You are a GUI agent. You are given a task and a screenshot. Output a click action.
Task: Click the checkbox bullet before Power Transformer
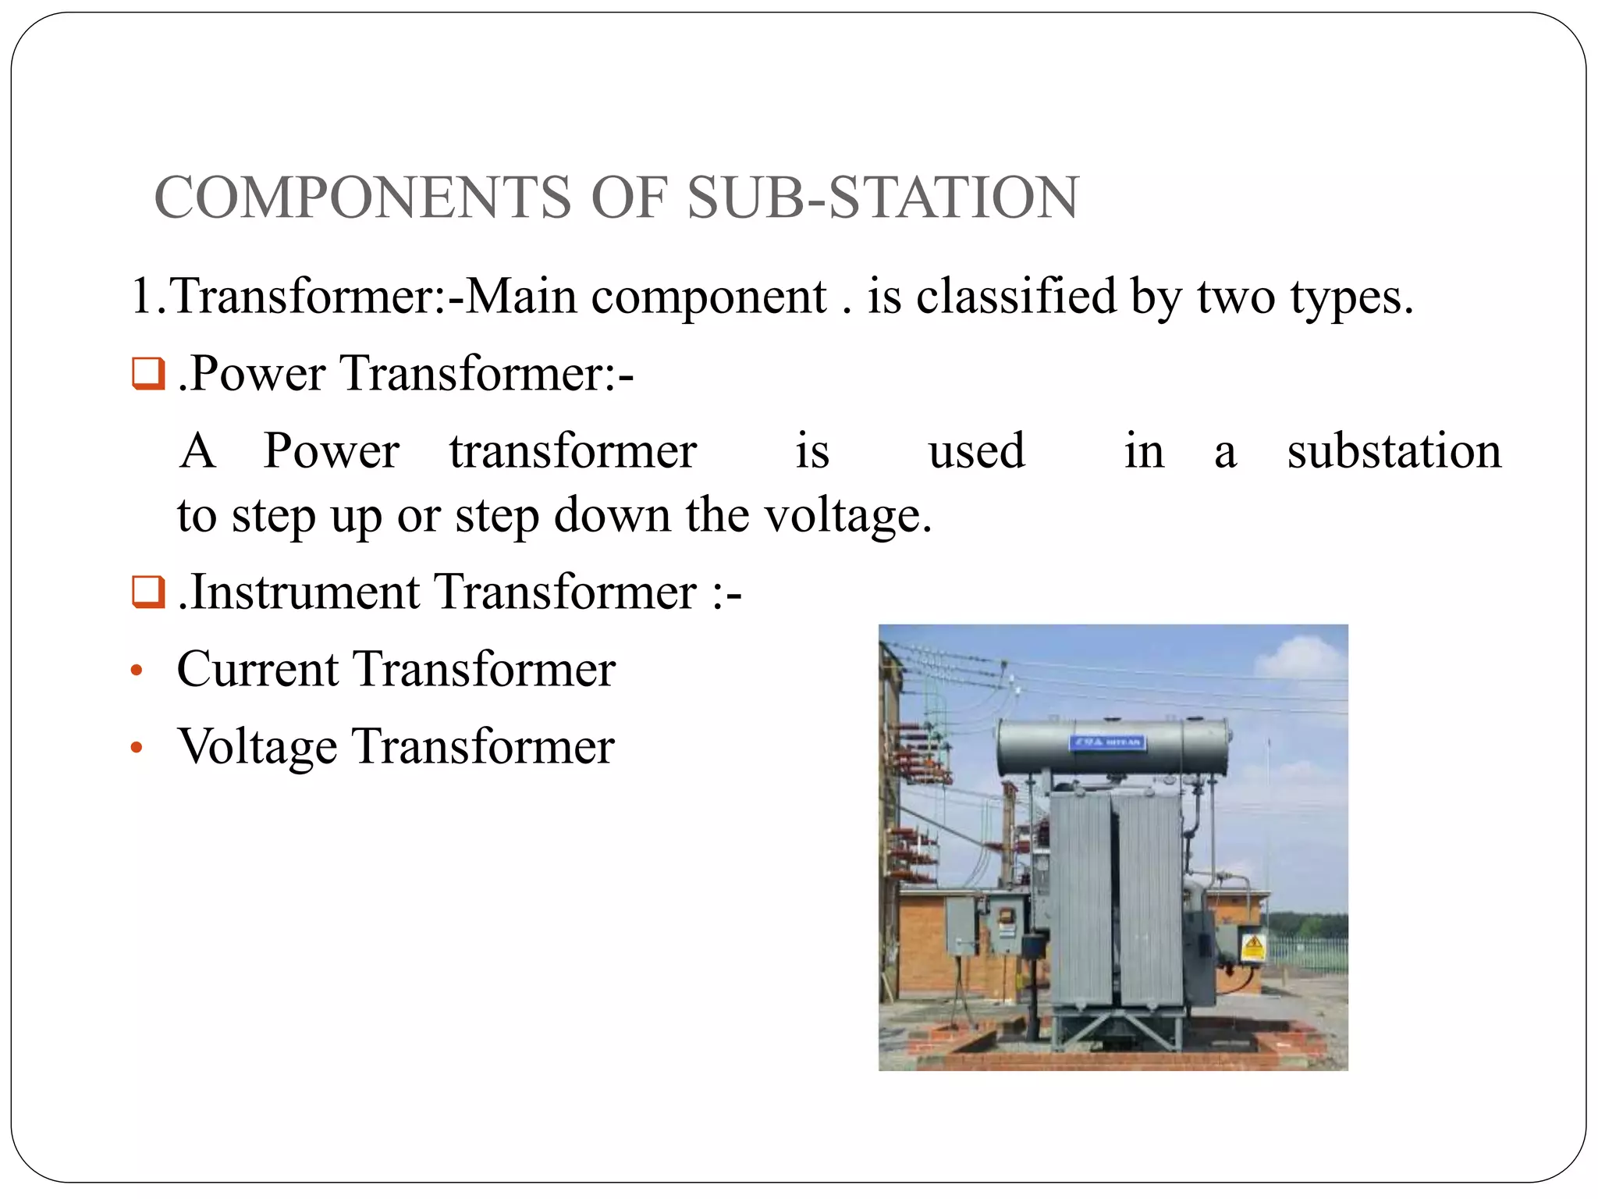(147, 373)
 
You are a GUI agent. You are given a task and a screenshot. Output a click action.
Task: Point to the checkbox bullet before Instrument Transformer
(147, 592)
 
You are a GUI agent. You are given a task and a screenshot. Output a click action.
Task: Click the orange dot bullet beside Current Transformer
(137, 671)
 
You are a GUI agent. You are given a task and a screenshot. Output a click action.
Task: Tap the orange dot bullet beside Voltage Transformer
(137, 748)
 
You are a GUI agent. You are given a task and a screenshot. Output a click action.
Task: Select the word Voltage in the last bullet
(257, 747)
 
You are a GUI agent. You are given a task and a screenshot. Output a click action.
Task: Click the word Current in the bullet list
(258, 669)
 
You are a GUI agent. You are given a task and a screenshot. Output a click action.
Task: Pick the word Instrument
(305, 592)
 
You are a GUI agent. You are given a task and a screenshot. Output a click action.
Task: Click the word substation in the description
(1394, 451)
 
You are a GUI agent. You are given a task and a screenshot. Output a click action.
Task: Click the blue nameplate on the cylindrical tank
(1107, 742)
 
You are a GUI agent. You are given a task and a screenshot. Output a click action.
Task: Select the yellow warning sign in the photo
(1253, 946)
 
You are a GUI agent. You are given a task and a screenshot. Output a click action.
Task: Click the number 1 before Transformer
(142, 297)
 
